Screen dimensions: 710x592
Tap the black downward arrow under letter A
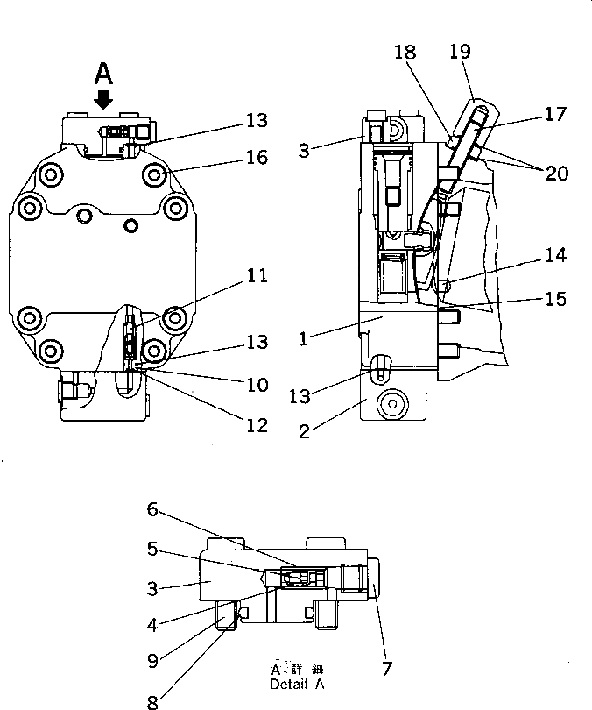[103, 98]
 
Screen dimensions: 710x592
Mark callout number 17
[555, 114]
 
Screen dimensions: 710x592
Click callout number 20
[557, 174]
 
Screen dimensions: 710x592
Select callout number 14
[555, 255]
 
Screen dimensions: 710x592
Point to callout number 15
[555, 299]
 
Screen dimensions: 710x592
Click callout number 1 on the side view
[303, 338]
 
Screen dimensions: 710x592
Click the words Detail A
[296, 683]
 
